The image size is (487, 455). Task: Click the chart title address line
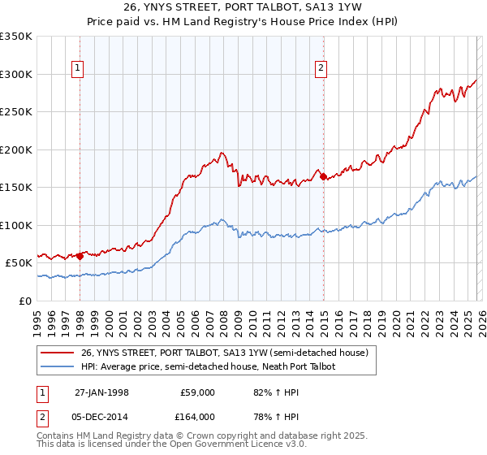pos(243,8)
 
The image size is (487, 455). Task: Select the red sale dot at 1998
pos(80,257)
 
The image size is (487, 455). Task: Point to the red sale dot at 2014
pos(323,176)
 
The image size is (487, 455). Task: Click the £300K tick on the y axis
pos(16,74)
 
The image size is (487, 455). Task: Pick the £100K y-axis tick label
pos(16,225)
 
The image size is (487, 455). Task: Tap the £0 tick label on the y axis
pos(24,301)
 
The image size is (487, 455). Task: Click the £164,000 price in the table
pos(198,417)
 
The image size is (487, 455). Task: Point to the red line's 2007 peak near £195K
pos(221,153)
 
